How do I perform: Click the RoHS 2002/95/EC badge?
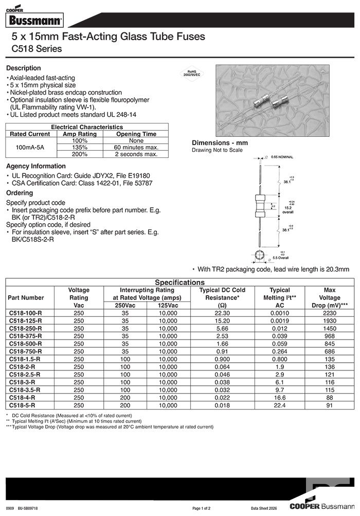[191, 73]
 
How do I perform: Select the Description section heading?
[23, 68]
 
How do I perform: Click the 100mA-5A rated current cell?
[30, 147]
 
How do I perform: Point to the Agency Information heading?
[35, 166]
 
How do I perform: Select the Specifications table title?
[179, 282]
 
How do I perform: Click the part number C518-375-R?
[26, 336]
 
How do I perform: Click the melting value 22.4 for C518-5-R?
[279, 405]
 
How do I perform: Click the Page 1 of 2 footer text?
[203, 508]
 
